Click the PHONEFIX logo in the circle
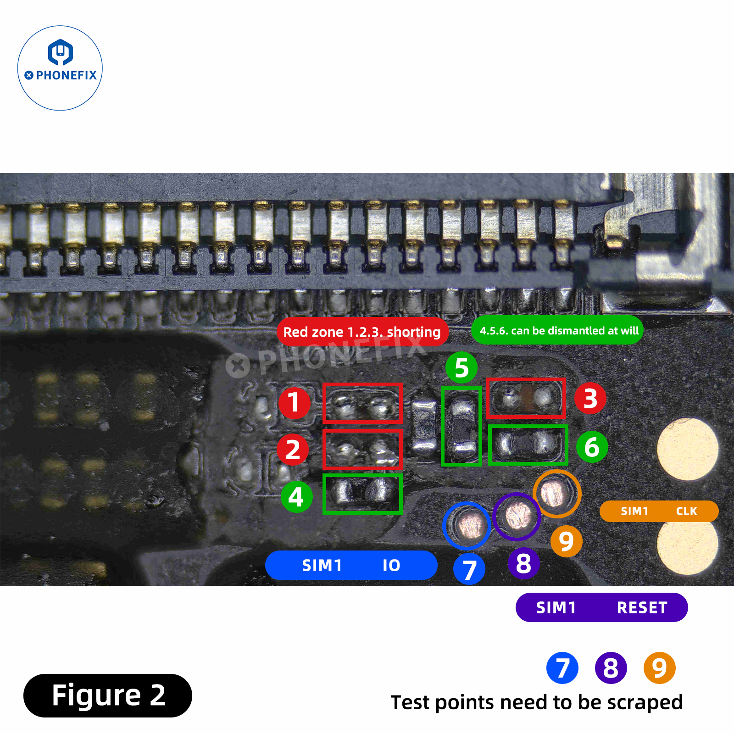point(60,68)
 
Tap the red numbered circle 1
point(295,403)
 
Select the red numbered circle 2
point(293,450)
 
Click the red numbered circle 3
point(590,398)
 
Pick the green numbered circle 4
point(296,497)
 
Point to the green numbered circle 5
point(462,367)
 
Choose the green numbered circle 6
point(592,447)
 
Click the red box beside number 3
point(526,398)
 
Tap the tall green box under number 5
point(462,427)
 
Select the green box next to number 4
point(362,494)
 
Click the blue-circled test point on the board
point(467,526)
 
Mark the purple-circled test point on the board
point(517,517)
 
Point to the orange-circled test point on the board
point(557,494)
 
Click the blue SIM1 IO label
point(351,565)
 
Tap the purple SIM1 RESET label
point(601,607)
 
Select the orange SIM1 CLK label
point(659,511)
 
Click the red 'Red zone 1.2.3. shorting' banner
point(362,332)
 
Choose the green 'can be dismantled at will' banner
point(557,330)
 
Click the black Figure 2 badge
point(108,695)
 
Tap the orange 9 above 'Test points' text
point(659,668)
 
